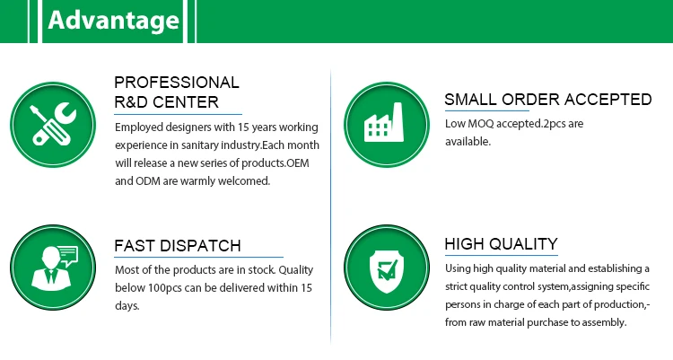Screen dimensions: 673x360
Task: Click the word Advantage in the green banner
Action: click(113, 21)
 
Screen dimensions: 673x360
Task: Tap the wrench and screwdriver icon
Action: click(53, 125)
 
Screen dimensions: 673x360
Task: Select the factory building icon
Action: click(384, 122)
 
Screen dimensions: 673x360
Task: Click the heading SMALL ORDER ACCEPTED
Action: click(548, 100)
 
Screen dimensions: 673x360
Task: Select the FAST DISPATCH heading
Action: click(178, 246)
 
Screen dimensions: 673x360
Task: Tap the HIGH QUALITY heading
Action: click(502, 244)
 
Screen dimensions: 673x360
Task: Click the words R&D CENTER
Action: click(167, 102)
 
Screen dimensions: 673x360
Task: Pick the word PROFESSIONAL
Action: click(177, 83)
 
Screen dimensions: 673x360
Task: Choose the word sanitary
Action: click(199, 145)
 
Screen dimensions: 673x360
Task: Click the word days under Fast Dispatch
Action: click(127, 306)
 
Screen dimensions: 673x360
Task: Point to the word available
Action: click(468, 142)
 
